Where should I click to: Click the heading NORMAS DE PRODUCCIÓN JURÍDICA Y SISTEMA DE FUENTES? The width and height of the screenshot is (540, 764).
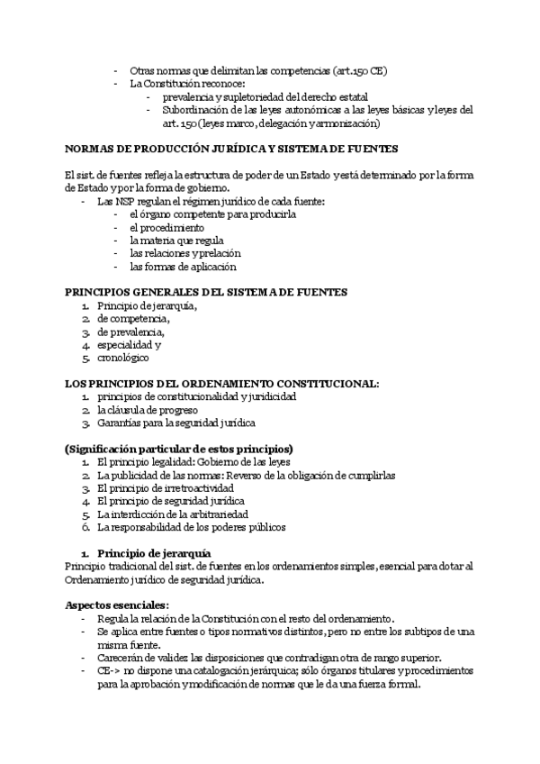point(231,149)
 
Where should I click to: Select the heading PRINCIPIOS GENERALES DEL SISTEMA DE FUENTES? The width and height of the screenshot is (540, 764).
point(208,292)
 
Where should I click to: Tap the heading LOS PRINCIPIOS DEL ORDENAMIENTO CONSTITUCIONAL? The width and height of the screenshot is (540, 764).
point(222,383)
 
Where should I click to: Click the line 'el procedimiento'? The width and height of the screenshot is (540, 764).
point(166,228)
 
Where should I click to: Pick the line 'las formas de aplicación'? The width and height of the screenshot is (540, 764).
point(183,267)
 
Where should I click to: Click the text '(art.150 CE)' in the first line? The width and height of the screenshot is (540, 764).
point(360,70)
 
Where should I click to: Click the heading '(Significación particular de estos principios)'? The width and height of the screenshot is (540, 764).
point(179,448)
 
